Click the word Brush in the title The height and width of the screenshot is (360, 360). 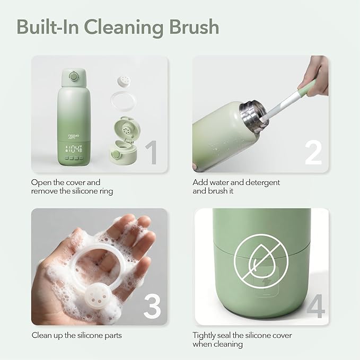194,27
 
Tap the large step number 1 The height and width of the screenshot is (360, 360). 152,152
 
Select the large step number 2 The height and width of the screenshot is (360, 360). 313,152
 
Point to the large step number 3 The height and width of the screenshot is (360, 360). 153,306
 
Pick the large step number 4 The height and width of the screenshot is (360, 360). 316,306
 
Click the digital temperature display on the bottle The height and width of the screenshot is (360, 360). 74,149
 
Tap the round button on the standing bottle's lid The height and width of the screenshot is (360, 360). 74,76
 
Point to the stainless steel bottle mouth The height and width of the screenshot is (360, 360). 254,115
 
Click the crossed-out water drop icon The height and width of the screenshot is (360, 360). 261,261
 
